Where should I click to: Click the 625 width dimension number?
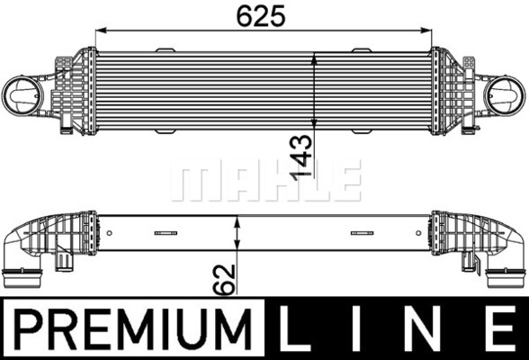(x=261, y=15)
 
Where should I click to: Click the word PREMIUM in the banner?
(x=130, y=328)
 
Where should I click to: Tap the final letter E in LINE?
(x=496, y=328)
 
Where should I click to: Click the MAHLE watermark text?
(x=265, y=181)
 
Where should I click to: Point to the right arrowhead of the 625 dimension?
(x=426, y=30)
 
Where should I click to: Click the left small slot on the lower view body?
(x=166, y=231)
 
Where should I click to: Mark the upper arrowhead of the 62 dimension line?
(x=237, y=221)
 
